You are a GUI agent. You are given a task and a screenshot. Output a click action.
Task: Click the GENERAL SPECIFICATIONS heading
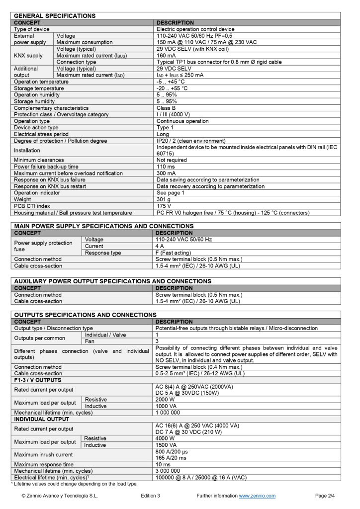coord(55,16)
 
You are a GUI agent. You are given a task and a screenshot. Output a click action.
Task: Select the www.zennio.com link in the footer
coord(257,496)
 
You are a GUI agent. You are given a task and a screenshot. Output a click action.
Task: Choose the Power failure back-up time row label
coord(46,167)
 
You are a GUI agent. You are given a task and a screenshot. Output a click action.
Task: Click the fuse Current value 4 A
coord(160,246)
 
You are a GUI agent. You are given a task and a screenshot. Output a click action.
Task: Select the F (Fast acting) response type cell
coord(173,253)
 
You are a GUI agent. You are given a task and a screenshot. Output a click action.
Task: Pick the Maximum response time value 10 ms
coord(165,464)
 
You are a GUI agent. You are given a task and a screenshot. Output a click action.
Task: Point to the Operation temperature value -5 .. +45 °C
coord(171,82)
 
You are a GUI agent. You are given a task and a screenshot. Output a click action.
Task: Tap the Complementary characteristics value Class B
coord(167,108)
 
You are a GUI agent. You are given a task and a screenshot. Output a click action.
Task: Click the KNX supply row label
coord(28,56)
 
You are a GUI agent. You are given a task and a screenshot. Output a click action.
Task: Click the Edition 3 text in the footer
coord(151,496)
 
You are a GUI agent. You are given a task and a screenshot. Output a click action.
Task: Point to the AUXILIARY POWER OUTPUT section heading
coord(112,281)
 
